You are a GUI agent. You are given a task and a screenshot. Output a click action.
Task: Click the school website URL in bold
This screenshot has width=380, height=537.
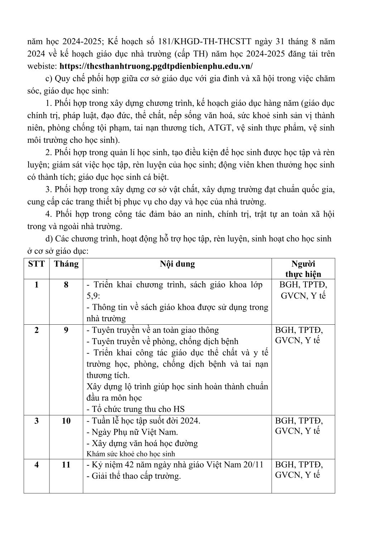pyautogui.click(x=156, y=66)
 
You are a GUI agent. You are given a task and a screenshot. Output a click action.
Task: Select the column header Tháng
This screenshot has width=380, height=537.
pyautogui.click(x=66, y=264)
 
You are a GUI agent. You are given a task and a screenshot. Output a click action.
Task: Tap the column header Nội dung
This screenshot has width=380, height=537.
pyautogui.click(x=177, y=264)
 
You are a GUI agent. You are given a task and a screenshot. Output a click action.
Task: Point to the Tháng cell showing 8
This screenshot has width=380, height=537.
pyautogui.click(x=66, y=285)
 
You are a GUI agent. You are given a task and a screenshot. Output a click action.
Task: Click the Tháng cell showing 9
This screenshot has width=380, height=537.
pyautogui.click(x=66, y=330)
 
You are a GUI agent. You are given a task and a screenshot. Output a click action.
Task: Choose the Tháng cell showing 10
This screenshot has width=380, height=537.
pyautogui.click(x=66, y=421)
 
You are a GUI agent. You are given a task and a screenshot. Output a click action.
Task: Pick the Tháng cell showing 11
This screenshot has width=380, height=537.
pyautogui.click(x=66, y=465)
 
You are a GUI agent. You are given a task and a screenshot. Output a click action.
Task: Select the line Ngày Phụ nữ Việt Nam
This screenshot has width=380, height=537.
pyautogui.click(x=133, y=432)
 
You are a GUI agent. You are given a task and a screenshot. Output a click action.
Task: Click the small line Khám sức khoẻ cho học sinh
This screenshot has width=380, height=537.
pyautogui.click(x=131, y=454)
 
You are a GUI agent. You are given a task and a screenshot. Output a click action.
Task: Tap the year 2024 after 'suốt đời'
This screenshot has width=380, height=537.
pyautogui.click(x=190, y=421)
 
